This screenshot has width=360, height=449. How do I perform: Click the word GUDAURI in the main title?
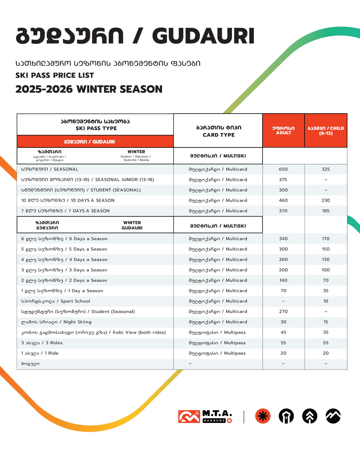[x=203, y=36]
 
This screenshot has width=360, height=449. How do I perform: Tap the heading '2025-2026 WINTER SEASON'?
[x=89, y=89]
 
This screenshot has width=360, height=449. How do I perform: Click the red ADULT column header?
[x=283, y=130]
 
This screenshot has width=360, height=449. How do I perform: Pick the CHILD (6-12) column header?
[x=326, y=130]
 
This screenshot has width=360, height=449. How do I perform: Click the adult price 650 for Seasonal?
[x=283, y=169]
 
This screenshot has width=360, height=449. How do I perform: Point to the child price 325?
[x=326, y=169]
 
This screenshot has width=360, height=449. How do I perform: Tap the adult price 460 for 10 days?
[x=283, y=200]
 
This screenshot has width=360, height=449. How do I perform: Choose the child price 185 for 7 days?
[x=326, y=211]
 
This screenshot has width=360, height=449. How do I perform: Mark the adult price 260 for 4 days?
[x=283, y=260]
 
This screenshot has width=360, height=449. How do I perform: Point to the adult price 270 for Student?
[x=283, y=311]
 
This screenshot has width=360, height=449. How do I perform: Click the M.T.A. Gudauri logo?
[x=205, y=416]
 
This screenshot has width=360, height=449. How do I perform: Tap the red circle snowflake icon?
[x=263, y=416]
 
